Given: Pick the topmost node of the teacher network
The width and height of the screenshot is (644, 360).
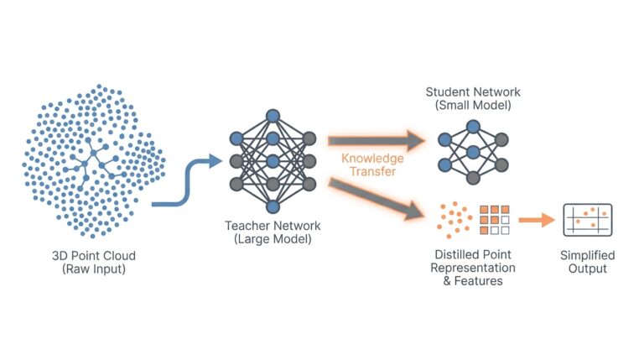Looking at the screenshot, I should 273,116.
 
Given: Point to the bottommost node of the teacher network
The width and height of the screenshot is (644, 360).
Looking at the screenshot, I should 273,206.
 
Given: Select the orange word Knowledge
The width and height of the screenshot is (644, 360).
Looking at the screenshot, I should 371,158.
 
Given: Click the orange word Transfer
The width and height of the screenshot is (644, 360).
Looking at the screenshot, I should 371,171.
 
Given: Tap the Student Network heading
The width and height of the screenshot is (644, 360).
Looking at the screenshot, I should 472,91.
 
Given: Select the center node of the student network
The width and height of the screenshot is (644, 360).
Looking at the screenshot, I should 473,152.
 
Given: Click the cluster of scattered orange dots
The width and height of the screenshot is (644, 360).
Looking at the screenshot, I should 452,221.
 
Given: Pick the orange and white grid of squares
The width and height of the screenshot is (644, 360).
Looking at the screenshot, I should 494,220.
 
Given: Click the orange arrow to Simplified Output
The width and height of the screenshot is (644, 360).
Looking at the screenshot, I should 536,221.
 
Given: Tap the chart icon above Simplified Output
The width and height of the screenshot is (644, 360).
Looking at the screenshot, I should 587,220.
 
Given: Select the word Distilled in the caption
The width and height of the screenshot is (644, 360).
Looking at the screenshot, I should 452,254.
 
